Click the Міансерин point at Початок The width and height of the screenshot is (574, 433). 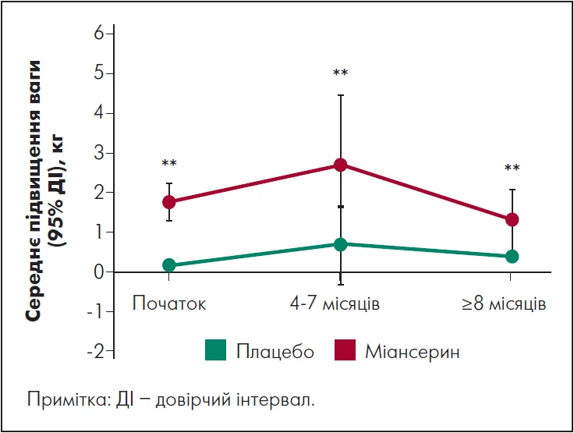pyautogui.click(x=169, y=202)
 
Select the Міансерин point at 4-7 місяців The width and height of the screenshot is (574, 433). pyautogui.click(x=340, y=165)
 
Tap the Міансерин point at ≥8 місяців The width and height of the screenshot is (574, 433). pyautogui.click(x=512, y=220)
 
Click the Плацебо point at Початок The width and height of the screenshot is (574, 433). pyautogui.click(x=169, y=265)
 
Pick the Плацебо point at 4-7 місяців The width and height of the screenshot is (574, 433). pyautogui.click(x=340, y=244)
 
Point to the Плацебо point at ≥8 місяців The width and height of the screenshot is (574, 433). pyautogui.click(x=512, y=256)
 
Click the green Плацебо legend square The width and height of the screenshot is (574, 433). pyautogui.click(x=216, y=350)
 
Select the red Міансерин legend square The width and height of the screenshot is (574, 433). pyautogui.click(x=345, y=350)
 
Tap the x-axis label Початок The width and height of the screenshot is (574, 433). pyautogui.click(x=169, y=303)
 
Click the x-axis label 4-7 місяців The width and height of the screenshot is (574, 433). pyautogui.click(x=335, y=303)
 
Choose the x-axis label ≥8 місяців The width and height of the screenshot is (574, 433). pyautogui.click(x=503, y=303)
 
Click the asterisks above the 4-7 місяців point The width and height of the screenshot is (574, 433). pyautogui.click(x=340, y=74)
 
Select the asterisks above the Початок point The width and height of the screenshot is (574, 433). pyautogui.click(x=169, y=164)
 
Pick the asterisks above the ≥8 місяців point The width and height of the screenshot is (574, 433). pyautogui.click(x=512, y=169)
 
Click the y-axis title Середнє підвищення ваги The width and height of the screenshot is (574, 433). pyautogui.click(x=34, y=191)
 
